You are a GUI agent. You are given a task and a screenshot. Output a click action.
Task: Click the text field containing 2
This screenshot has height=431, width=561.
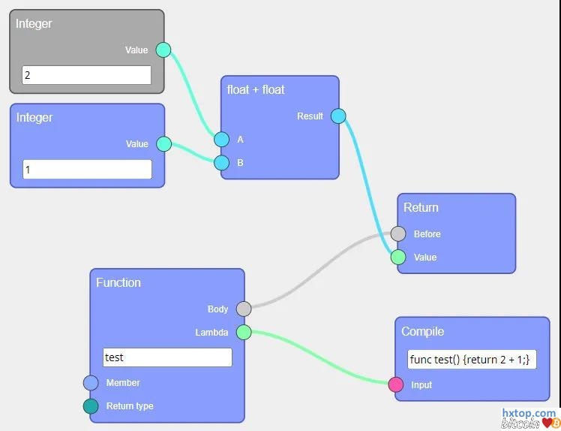[86, 75]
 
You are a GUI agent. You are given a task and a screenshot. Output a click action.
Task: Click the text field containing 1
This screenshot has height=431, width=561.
[87, 169]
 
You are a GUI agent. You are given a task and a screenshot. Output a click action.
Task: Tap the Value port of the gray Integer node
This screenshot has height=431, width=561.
[163, 50]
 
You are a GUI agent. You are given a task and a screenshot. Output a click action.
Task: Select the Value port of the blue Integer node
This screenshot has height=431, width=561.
[163, 144]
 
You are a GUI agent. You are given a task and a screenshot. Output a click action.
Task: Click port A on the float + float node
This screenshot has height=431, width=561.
[221, 140]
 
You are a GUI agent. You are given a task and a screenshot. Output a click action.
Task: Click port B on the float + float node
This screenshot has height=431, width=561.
[221, 163]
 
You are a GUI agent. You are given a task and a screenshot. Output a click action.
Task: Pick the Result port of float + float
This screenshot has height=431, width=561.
[338, 116]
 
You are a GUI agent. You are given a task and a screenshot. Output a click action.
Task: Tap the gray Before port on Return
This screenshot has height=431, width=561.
[398, 234]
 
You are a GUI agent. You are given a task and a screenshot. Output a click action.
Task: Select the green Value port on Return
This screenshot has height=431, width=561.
[398, 258]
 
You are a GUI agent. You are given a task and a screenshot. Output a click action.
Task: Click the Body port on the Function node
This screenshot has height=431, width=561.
[244, 309]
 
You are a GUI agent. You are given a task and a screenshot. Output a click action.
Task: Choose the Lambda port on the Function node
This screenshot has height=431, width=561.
[244, 332]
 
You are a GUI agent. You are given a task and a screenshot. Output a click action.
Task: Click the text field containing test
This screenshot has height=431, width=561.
[167, 357]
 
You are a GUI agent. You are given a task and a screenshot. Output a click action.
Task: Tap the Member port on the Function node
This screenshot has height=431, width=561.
[91, 383]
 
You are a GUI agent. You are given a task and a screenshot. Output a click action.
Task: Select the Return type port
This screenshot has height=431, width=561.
[91, 406]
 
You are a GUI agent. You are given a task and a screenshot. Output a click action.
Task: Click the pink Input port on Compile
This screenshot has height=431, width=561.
[396, 385]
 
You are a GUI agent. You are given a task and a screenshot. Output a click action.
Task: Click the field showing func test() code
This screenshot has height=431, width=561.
[472, 360]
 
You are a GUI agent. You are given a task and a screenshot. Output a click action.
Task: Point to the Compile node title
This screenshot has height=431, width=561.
[423, 331]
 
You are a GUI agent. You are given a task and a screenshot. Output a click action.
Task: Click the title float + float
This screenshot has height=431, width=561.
[256, 89]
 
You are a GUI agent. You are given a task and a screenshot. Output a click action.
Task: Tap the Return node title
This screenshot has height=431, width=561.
[421, 207]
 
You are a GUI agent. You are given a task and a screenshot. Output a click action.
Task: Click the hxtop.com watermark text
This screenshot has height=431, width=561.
[528, 414]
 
